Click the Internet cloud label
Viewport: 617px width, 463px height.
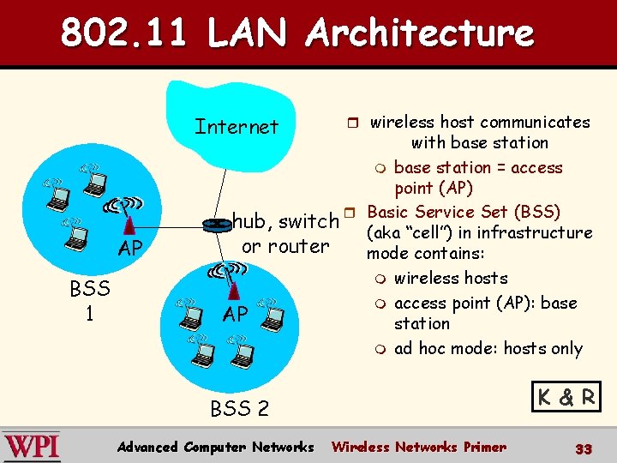point(237,127)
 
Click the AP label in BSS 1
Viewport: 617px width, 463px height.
point(130,249)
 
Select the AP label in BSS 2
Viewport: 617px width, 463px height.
point(236,314)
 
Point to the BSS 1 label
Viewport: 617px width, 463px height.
point(90,300)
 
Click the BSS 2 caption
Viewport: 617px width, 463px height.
point(239,408)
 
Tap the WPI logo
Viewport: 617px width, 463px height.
point(32,447)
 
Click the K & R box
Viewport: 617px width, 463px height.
point(567,397)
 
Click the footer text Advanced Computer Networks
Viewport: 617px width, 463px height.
point(217,447)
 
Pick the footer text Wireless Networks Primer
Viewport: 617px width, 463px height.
point(418,447)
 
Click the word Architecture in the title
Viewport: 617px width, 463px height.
point(420,34)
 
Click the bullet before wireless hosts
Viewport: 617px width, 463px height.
point(380,279)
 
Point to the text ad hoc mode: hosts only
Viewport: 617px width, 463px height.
point(488,348)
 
